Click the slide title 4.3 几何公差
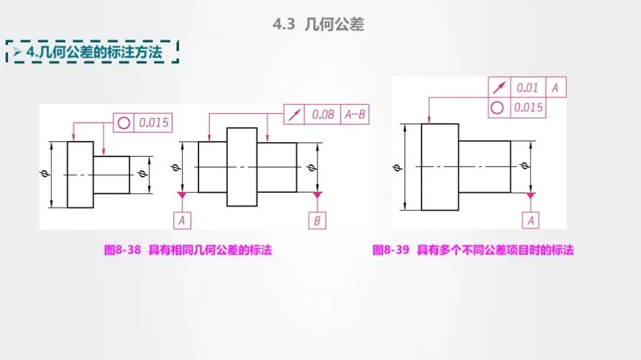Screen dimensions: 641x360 pyautogui.click(x=318, y=24)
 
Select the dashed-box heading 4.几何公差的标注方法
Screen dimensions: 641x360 pyautogui.click(x=94, y=53)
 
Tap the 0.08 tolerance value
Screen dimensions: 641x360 pyautogui.click(x=323, y=115)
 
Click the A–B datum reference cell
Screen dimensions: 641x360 pyautogui.click(x=355, y=115)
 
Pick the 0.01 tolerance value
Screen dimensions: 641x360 pyautogui.click(x=527, y=88)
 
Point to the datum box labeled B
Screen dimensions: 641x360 pyautogui.click(x=317, y=221)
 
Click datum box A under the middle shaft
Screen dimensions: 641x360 pyautogui.click(x=182, y=220)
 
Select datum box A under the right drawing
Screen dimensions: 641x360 pyautogui.click(x=531, y=220)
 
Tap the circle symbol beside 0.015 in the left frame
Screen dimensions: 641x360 pyautogui.click(x=123, y=123)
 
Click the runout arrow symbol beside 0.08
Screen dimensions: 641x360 pyautogui.click(x=294, y=115)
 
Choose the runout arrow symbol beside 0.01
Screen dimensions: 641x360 pyautogui.click(x=499, y=87)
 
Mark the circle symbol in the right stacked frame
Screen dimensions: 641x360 pyautogui.click(x=497, y=108)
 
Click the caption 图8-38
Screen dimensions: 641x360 pyautogui.click(x=122, y=250)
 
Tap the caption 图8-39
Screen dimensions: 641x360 pyautogui.click(x=391, y=250)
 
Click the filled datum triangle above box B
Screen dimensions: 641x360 pyautogui.click(x=317, y=195)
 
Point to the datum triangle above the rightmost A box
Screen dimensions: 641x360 pyautogui.click(x=531, y=195)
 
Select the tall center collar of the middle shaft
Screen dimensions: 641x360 pyautogui.click(x=242, y=167)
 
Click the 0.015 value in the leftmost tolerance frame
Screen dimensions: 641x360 pyautogui.click(x=154, y=123)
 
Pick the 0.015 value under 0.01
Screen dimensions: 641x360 pyautogui.click(x=528, y=108)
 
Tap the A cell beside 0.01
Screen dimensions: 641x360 pyautogui.click(x=555, y=87)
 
